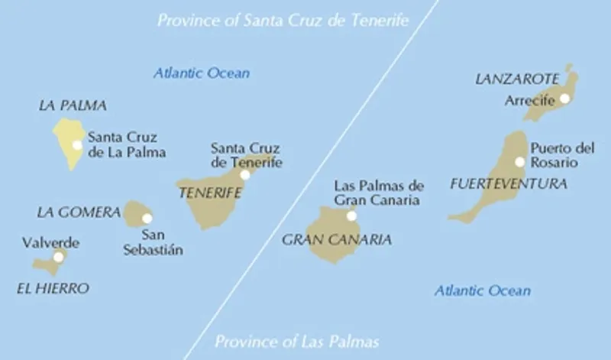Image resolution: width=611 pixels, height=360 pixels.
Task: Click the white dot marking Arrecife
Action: tap(564, 98)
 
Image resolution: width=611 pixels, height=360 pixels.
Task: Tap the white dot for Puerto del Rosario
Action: tap(519, 161)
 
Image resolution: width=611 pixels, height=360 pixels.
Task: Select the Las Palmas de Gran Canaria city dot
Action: tap(351, 216)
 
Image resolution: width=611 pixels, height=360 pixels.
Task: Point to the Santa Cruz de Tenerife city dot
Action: tap(244, 174)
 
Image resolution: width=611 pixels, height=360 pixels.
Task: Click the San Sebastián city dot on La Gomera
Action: tap(147, 218)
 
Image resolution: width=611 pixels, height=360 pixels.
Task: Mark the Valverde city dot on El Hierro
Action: tap(58, 257)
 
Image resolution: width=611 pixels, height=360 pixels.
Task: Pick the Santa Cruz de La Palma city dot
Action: tap(76, 144)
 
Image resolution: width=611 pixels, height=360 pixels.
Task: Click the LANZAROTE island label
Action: tap(516, 79)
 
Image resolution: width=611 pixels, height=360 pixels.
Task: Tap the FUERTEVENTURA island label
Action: tap(509, 183)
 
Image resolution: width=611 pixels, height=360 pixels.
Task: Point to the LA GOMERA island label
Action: tap(79, 211)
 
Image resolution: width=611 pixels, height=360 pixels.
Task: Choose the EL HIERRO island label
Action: tap(52, 288)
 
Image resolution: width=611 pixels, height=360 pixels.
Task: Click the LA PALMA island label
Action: tap(72, 105)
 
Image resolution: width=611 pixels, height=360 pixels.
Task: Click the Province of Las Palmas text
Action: tap(296, 341)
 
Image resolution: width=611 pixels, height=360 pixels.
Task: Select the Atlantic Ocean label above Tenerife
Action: tap(201, 73)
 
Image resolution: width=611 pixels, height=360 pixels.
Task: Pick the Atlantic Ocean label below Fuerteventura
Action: tap(482, 290)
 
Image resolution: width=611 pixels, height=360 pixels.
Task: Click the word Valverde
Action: tap(50, 243)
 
